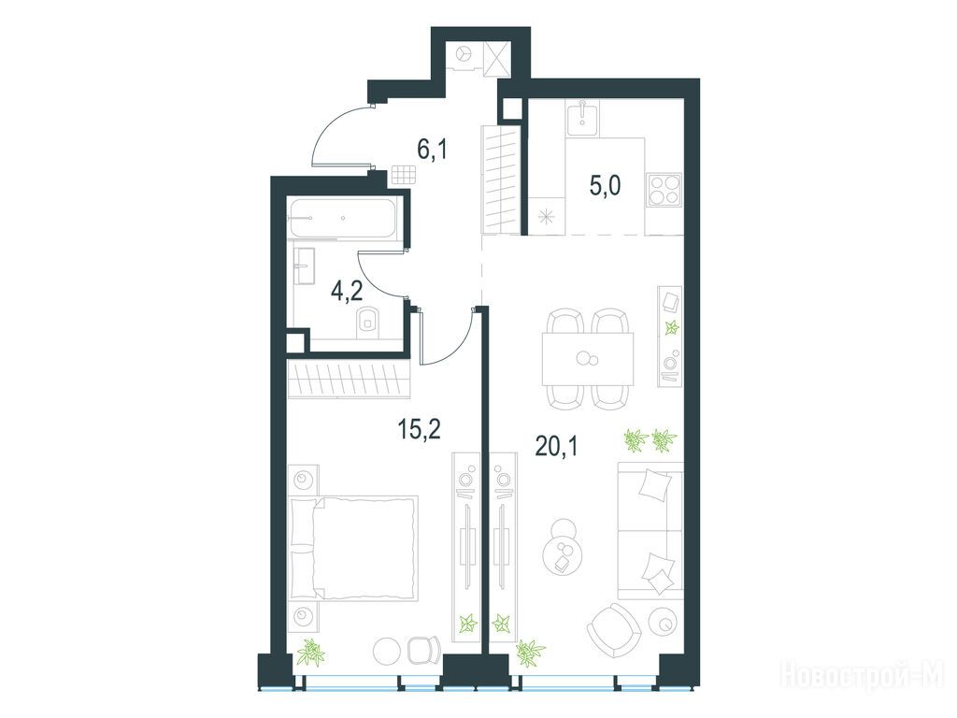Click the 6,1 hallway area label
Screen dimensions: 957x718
432,149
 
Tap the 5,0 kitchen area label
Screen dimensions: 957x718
606,185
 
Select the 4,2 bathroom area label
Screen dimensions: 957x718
347,291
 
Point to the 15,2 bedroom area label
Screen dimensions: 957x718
419,429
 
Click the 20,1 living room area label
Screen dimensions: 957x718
556,446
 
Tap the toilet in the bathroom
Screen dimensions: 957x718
367,320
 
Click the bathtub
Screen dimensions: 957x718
342,217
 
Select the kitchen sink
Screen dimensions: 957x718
582,119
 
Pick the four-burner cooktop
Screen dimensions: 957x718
664,190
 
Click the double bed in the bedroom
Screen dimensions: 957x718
354,548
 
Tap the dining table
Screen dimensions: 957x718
588,359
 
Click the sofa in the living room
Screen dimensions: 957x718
650,531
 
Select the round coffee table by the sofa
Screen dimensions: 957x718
562,547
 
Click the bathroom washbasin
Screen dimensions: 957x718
305,266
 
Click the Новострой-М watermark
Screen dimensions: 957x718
862,675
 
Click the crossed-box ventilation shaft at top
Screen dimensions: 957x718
495,59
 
